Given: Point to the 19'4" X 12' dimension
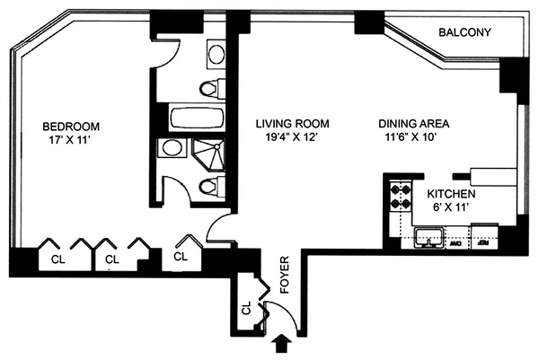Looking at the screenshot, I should pos(287,138).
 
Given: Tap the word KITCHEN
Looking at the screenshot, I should pos(451,194).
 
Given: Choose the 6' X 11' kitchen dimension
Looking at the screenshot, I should pos(451,207).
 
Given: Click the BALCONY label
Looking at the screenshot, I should pos(464,33).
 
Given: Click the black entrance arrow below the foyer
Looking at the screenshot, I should pos(285,342).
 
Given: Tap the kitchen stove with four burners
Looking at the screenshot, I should pos(397,197).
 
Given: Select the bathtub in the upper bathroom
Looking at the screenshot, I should pos(190,118).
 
